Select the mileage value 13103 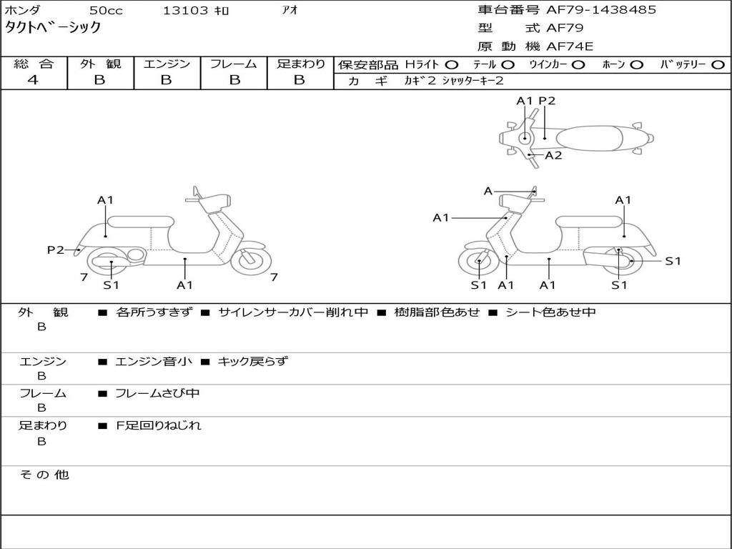pyautogui.click(x=186, y=11)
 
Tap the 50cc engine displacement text pyautogui.click(x=105, y=11)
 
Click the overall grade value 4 pyautogui.click(x=32, y=80)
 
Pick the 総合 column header pyautogui.click(x=34, y=64)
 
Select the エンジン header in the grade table pyautogui.click(x=167, y=64)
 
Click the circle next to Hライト pyautogui.click(x=452, y=65)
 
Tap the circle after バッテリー pyautogui.click(x=718, y=65)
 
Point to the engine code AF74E pyautogui.click(x=570, y=47)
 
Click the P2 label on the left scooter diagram pyautogui.click(x=55, y=250)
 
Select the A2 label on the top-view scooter pyautogui.click(x=553, y=155)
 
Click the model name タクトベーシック pyautogui.click(x=53, y=29)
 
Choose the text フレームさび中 pyautogui.click(x=157, y=393)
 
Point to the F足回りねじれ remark pyautogui.click(x=159, y=425)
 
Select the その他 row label pyautogui.click(x=44, y=475)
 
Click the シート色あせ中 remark pyautogui.click(x=550, y=312)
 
